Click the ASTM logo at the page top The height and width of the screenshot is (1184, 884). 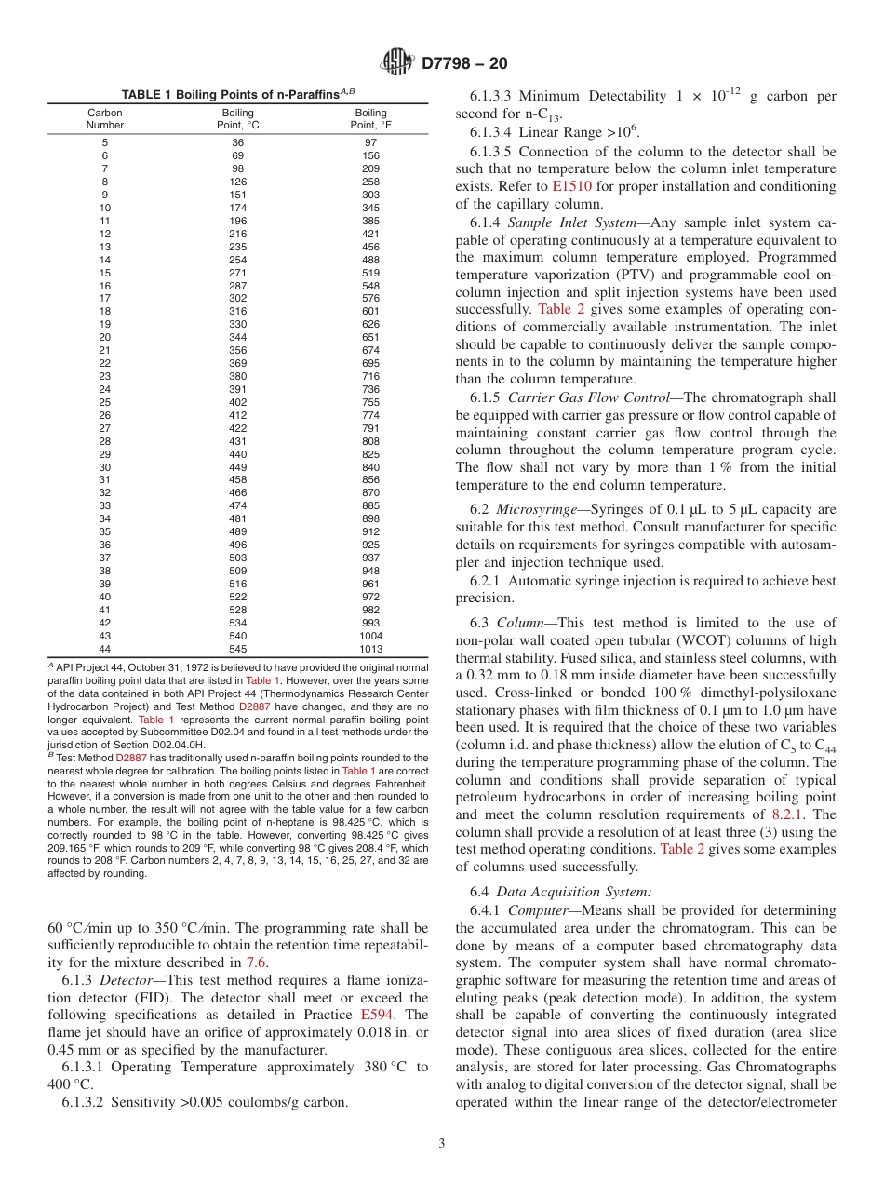point(397,64)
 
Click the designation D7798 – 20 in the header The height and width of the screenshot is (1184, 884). point(462,64)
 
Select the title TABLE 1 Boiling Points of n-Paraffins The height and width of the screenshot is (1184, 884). point(238,95)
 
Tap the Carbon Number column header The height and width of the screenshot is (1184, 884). point(105,118)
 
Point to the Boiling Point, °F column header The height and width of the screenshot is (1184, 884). point(370,118)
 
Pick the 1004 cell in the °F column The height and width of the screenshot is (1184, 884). point(370,636)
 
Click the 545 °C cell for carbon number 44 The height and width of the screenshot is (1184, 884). point(238,649)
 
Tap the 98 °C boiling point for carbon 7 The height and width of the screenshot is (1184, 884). point(238,168)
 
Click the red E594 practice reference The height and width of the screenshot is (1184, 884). point(377,1015)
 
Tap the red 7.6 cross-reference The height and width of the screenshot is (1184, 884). point(256,962)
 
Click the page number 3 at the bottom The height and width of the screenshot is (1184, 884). point(441,1142)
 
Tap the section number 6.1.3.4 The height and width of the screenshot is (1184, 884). point(491,132)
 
